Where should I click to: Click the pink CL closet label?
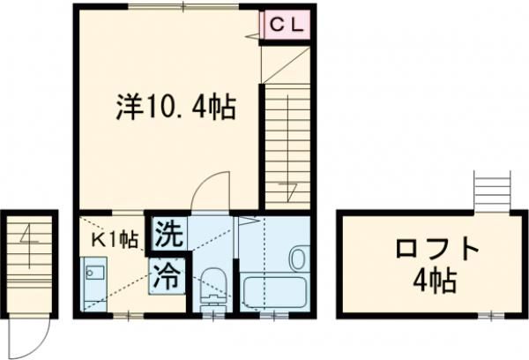coord(287,26)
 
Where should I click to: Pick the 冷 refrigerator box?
coord(168,275)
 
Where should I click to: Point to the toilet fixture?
coord(213,284)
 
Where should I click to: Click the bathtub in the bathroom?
coord(273,291)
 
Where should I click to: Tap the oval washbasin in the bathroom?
coord(297,259)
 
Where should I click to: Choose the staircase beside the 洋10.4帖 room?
coord(285,146)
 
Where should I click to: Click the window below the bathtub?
coord(274,313)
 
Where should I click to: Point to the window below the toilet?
coord(213,313)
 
